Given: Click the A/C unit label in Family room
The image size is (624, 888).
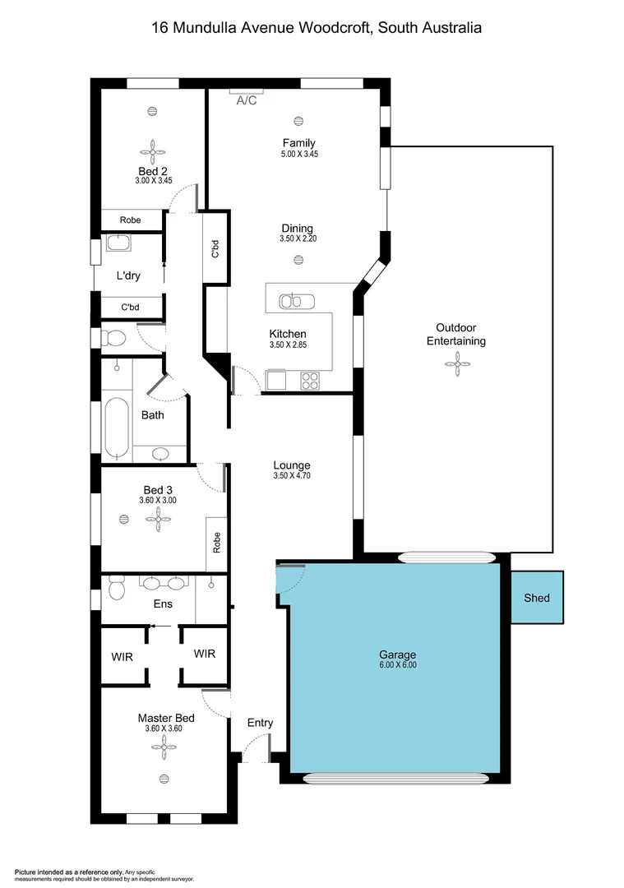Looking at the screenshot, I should pos(247,100).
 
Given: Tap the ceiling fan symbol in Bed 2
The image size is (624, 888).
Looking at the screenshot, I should pos(152,150).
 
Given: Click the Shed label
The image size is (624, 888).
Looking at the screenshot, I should pos(537,598).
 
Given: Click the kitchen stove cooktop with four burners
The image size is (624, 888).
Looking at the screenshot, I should pos(311,380).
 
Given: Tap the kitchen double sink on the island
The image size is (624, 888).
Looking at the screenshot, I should pos(292,301).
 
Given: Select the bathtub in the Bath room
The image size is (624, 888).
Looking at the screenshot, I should pos(117,428).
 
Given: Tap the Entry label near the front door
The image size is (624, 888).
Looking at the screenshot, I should pos(260,723).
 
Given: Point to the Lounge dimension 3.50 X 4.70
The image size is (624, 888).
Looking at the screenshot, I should pos(292,475).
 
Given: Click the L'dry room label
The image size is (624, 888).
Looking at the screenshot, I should pos(127,276).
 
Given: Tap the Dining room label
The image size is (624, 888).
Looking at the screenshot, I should pos(297,229).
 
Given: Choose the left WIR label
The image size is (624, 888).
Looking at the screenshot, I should pos(122,657).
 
